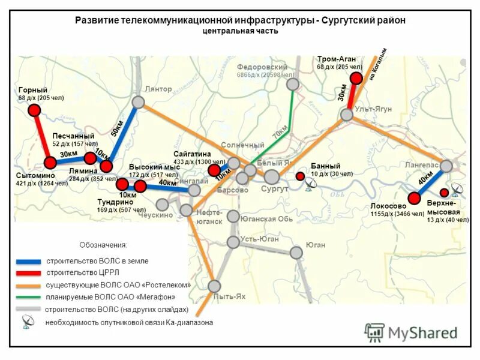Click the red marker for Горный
click(x=34, y=110)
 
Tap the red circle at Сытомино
click(x=50, y=163)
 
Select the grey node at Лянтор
click(x=138, y=102)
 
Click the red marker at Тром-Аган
click(x=356, y=78)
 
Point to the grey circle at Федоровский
click(x=292, y=84)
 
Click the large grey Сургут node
click(x=272, y=176)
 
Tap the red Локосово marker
click(x=414, y=198)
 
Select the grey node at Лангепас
click(x=446, y=166)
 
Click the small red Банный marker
click(x=299, y=176)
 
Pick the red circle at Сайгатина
click(x=214, y=170)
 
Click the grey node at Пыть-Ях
click(x=214, y=286)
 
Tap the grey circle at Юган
click(x=296, y=253)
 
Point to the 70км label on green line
click(x=280, y=133)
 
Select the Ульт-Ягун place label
click(x=373, y=109)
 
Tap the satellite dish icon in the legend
click(x=28, y=322)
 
